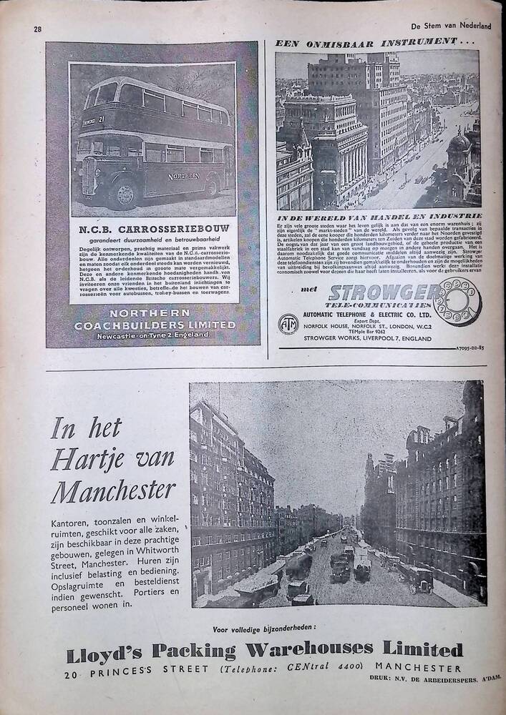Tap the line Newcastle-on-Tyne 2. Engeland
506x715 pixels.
(153, 335)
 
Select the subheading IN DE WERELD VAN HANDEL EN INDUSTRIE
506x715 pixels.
(379, 215)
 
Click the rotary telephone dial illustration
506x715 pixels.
(457, 300)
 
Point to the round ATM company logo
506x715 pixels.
(288, 323)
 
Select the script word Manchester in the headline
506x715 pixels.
(113, 490)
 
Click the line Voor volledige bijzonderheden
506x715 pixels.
(263, 629)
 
